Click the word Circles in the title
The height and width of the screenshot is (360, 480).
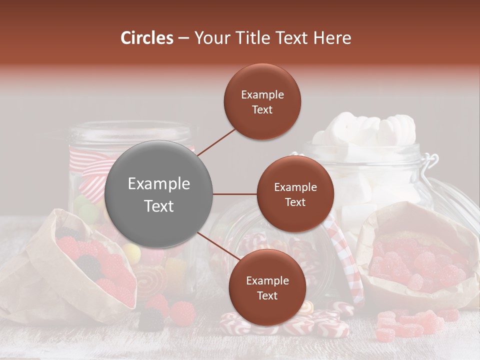(146, 38)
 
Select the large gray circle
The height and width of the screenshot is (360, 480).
(159, 194)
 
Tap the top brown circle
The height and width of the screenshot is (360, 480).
(262, 101)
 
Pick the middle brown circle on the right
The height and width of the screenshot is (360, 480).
(295, 194)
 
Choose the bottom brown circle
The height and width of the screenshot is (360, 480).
(267, 287)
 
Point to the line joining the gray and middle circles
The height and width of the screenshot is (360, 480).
(235, 194)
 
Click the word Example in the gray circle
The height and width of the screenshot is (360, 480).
(159, 183)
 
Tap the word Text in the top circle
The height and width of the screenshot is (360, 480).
(262, 109)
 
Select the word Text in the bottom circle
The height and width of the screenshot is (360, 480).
(267, 295)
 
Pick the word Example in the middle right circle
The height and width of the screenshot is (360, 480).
(295, 187)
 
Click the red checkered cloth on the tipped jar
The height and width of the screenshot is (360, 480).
(345, 260)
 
